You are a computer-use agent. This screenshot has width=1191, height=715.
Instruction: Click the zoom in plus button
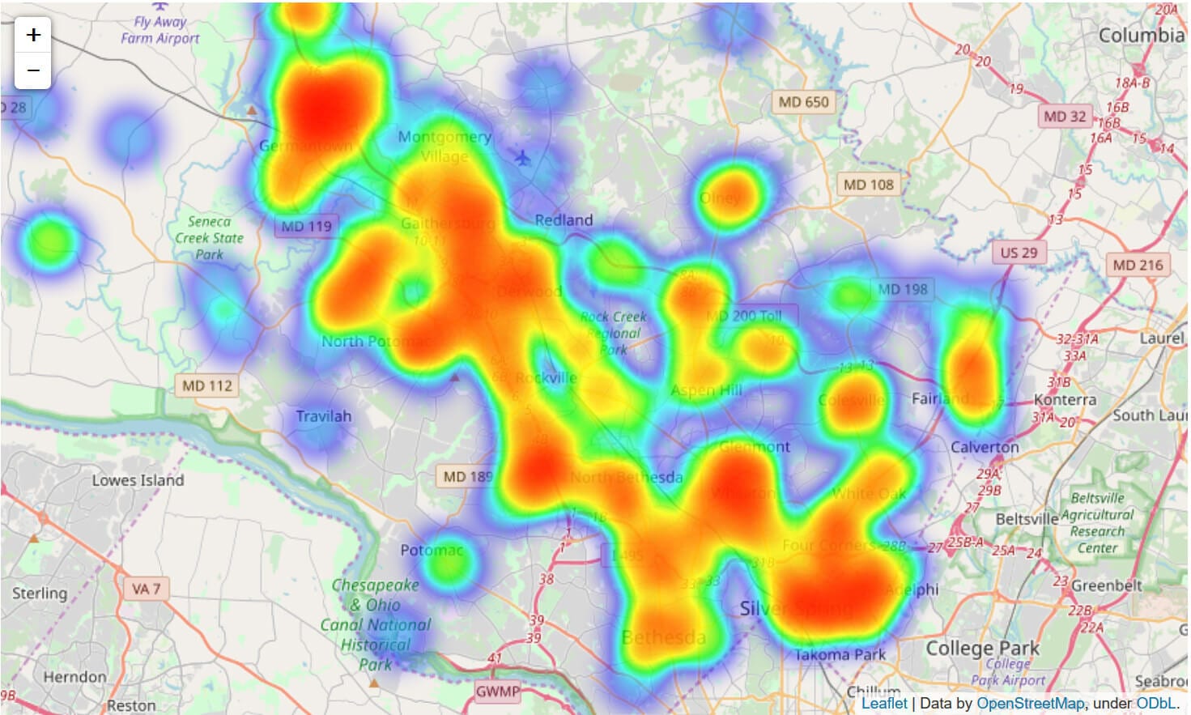[x=33, y=35]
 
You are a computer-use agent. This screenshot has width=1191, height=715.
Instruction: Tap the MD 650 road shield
[x=803, y=102]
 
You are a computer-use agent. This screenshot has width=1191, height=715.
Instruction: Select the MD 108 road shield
[x=868, y=185]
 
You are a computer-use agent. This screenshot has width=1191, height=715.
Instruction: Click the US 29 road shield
[x=1018, y=253]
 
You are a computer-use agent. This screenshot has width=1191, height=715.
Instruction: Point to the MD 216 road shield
[x=1137, y=265]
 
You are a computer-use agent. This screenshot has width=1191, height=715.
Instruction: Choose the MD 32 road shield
[x=1064, y=117]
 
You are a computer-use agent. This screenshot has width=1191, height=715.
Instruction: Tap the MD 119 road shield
[x=306, y=227]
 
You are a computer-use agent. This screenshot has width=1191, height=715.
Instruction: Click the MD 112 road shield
[x=207, y=386]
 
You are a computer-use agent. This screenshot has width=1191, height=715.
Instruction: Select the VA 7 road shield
[x=146, y=589]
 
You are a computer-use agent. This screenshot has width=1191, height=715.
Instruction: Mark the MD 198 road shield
[x=903, y=289]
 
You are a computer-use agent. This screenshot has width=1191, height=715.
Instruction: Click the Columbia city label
[x=1141, y=36]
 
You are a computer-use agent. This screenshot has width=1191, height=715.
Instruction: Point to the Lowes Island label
[x=138, y=480]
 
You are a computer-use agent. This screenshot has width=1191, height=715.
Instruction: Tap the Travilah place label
[x=323, y=416]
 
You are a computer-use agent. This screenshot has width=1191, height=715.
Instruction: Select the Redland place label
[x=564, y=220]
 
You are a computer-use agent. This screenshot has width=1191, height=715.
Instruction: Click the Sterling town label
[x=40, y=593]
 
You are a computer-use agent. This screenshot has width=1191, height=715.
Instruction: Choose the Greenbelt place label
[x=1106, y=585]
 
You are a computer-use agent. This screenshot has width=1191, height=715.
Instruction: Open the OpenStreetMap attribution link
[x=1030, y=704]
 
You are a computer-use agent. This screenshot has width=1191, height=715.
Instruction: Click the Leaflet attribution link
[x=884, y=704]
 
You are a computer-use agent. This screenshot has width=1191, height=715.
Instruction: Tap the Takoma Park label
[x=840, y=654]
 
